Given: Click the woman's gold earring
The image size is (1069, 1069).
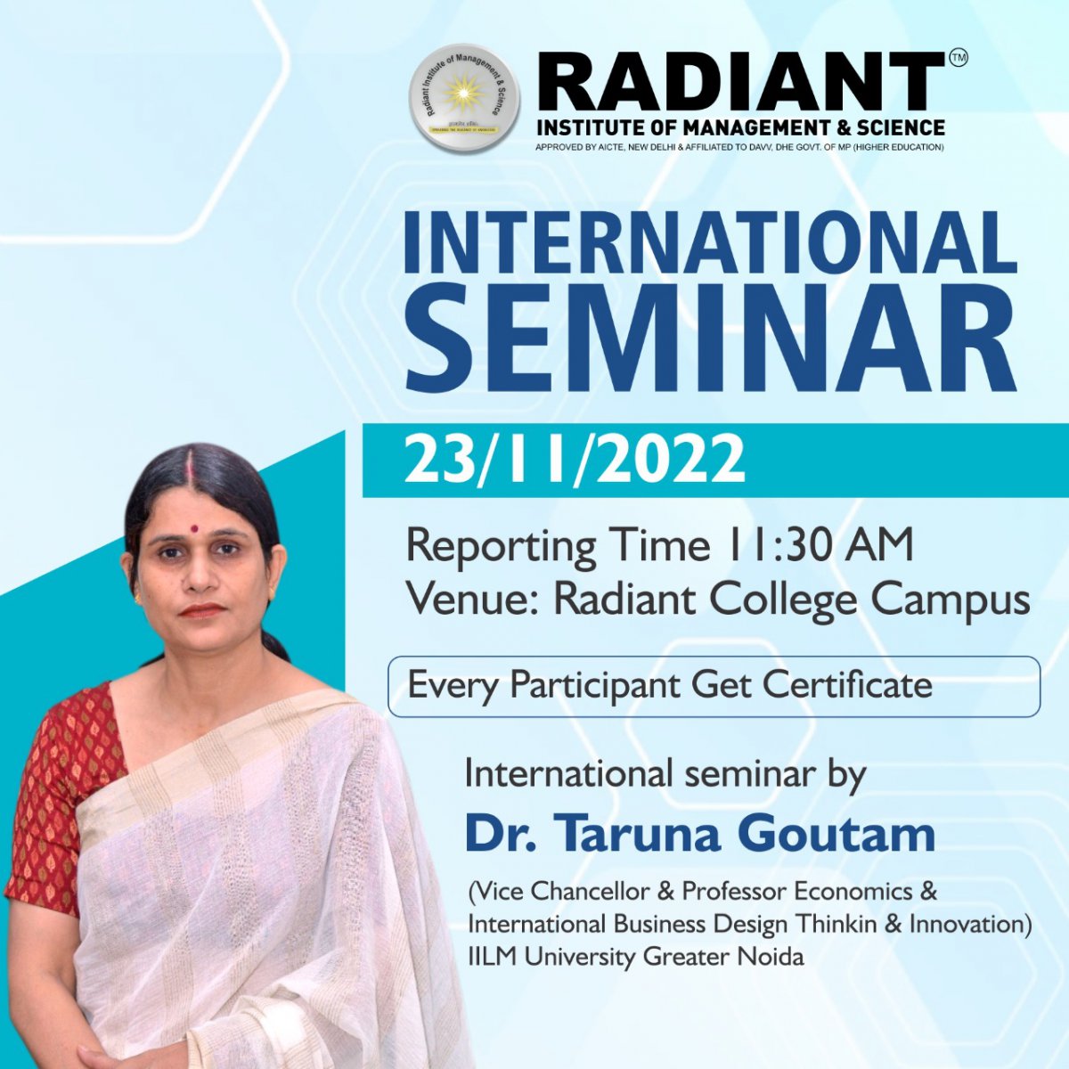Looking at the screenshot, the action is [x=137, y=598].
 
